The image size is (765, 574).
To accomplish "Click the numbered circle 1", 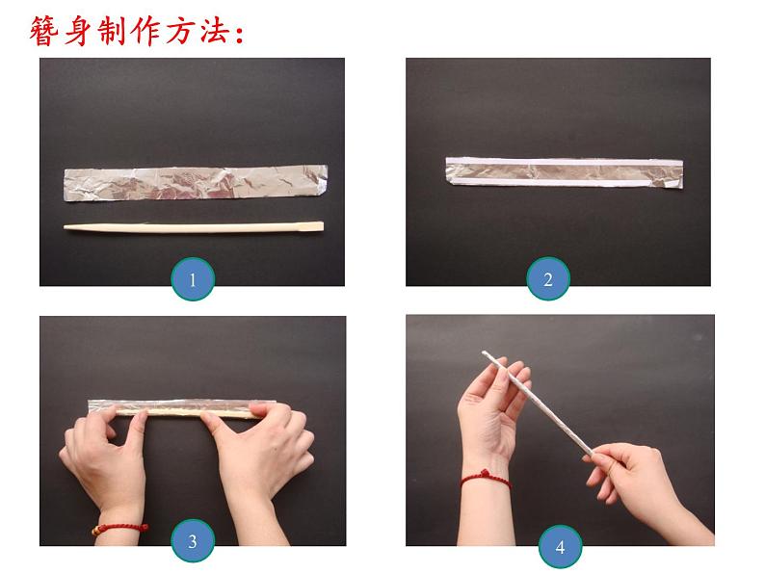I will point(193,280).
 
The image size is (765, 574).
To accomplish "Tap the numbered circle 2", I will point(548,280).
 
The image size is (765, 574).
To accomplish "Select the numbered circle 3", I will point(193,541).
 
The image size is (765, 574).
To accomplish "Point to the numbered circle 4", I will point(560,549).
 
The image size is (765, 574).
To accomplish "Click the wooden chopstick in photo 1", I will point(193,227).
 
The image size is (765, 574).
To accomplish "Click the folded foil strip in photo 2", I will point(563,171).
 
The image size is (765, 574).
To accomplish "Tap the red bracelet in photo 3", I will point(121,528).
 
